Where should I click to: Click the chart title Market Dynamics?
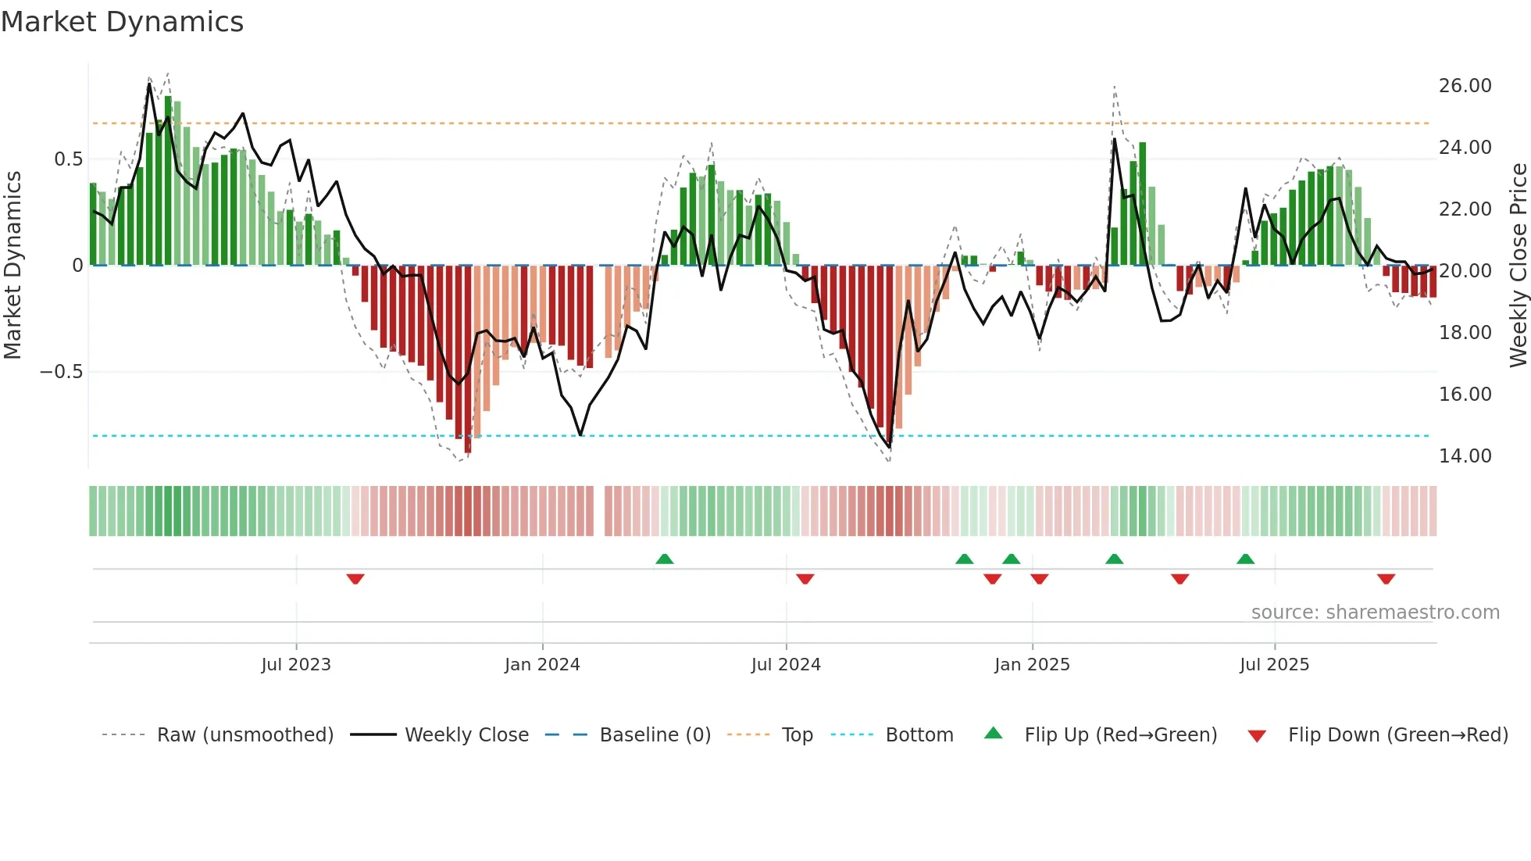tap(123, 22)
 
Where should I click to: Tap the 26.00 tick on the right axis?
tap(1465, 86)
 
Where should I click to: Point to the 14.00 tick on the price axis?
tap(1465, 456)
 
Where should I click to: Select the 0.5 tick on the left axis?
tap(68, 159)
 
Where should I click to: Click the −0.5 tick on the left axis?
tap(62, 372)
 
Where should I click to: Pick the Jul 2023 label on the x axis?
tap(296, 665)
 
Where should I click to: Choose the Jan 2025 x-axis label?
tap(1032, 665)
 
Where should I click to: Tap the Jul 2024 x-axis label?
tap(786, 665)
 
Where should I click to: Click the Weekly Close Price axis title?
tap(1518, 266)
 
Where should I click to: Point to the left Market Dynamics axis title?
tap(12, 266)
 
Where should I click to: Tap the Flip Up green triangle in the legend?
tap(993, 733)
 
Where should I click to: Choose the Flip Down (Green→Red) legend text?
tap(1397, 735)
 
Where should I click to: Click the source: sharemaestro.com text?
tap(1375, 613)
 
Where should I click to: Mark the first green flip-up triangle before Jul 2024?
tap(665, 559)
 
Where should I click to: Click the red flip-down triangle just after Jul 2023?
tap(355, 579)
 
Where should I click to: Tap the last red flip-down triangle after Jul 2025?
tap(1386, 579)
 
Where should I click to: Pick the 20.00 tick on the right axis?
tap(1465, 271)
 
